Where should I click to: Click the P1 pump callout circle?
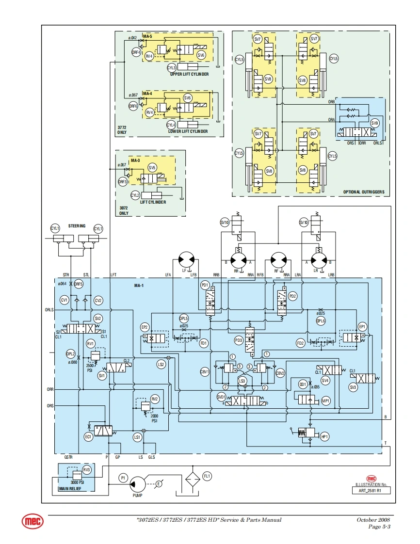click(123, 478)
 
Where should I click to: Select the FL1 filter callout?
click(207, 476)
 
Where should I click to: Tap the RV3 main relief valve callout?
click(86, 470)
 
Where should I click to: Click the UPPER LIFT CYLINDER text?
click(189, 74)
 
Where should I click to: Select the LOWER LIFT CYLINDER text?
click(188, 131)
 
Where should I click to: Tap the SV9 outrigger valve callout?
click(374, 123)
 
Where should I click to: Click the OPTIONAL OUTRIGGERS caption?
click(364, 192)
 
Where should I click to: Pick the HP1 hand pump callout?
click(325, 437)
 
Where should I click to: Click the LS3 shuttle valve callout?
click(242, 381)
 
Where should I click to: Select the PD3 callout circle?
click(238, 340)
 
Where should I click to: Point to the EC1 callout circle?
click(88, 437)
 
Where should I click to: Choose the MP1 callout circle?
click(326, 400)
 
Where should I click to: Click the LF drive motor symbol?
click(184, 258)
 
